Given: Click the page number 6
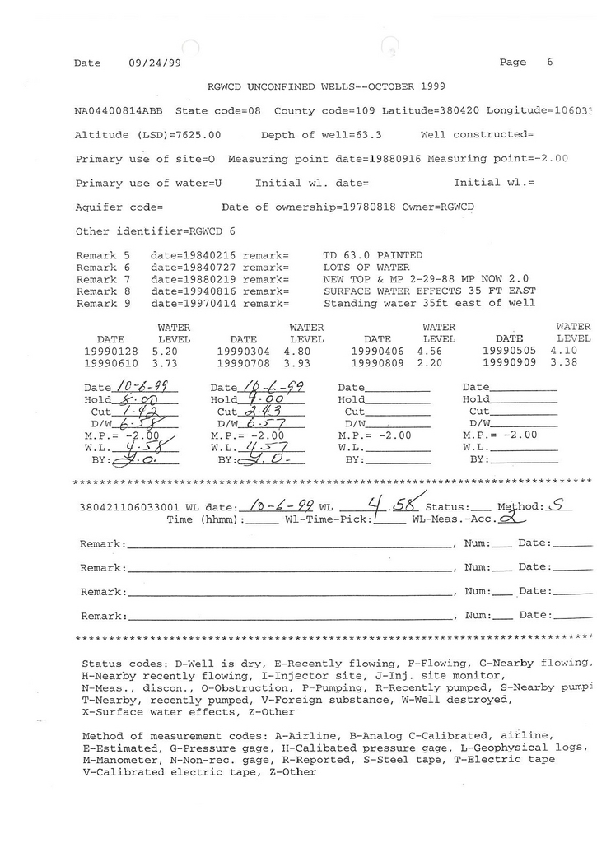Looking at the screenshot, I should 549,63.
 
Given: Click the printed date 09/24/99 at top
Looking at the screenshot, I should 155,63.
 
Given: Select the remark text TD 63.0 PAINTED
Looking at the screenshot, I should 373,255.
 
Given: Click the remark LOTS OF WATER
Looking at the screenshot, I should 366,268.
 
